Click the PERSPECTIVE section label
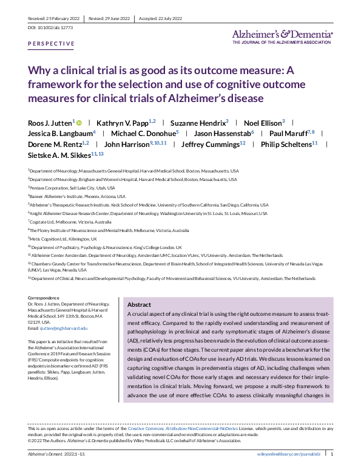click(x=52, y=44)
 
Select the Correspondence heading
click(x=44, y=298)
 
